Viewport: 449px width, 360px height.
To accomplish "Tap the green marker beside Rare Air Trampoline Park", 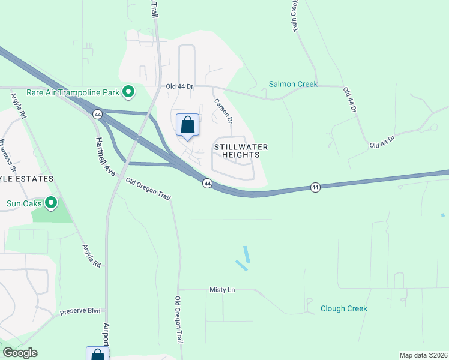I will [x=128, y=92].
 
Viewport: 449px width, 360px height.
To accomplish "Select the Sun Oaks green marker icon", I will [x=51, y=203].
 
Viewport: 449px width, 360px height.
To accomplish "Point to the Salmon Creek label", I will [x=293, y=84].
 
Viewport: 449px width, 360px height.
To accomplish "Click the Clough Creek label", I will [x=343, y=308].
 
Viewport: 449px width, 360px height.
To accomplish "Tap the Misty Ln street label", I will [x=222, y=290].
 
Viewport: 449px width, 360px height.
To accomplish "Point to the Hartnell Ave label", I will [x=105, y=157].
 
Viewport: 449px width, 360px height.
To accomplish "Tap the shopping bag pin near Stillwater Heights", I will [x=187, y=125].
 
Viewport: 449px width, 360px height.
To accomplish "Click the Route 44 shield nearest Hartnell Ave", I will [x=97, y=114].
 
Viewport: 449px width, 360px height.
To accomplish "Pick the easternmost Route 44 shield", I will [x=315, y=188].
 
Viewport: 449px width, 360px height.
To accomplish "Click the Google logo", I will [x=19, y=353].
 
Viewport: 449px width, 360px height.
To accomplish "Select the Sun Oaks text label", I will [x=23, y=203].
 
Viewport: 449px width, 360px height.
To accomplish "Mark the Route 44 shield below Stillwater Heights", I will [x=206, y=184].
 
